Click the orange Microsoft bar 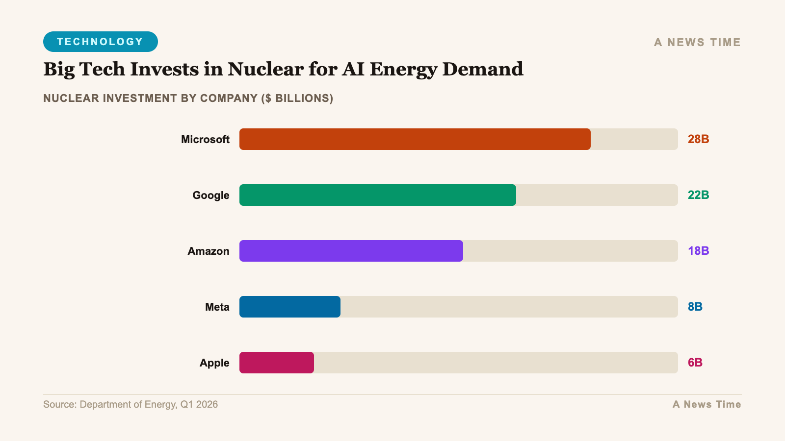tap(415, 139)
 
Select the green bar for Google tap(378, 195)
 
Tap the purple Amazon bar tap(351, 251)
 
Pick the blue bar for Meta tap(289, 307)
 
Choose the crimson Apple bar tap(276, 363)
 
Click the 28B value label tap(698, 139)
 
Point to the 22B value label tap(698, 195)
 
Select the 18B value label tap(698, 251)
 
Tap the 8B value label tap(695, 307)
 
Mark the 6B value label tap(695, 363)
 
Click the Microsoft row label tap(205, 140)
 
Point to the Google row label tap(210, 196)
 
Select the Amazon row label tap(208, 251)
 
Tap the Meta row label tap(217, 307)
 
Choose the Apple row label tap(214, 363)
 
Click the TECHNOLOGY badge tap(100, 42)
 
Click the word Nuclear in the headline tap(265, 69)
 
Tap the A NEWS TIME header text tap(697, 43)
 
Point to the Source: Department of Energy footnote tap(131, 404)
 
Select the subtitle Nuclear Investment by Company tap(188, 98)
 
